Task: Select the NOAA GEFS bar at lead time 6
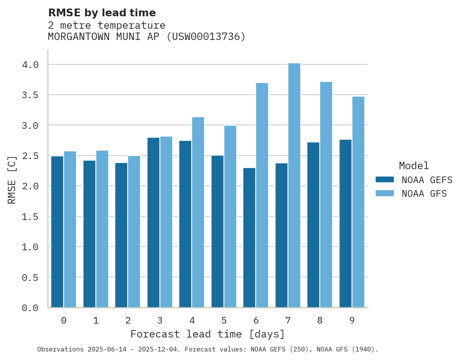tap(249, 237)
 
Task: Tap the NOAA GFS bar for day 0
tap(70, 229)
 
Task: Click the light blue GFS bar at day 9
tap(358, 202)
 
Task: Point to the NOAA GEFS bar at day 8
tap(313, 225)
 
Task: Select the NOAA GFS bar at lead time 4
tap(198, 212)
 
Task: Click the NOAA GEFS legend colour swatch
tap(385, 180)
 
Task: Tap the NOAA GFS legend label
tap(424, 194)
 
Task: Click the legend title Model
tap(414, 166)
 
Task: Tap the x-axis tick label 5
tap(224, 320)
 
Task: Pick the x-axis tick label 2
tap(128, 320)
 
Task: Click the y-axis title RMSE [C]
tap(12, 180)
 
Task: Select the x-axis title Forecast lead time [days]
tap(208, 334)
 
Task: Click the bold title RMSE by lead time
tap(102, 13)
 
